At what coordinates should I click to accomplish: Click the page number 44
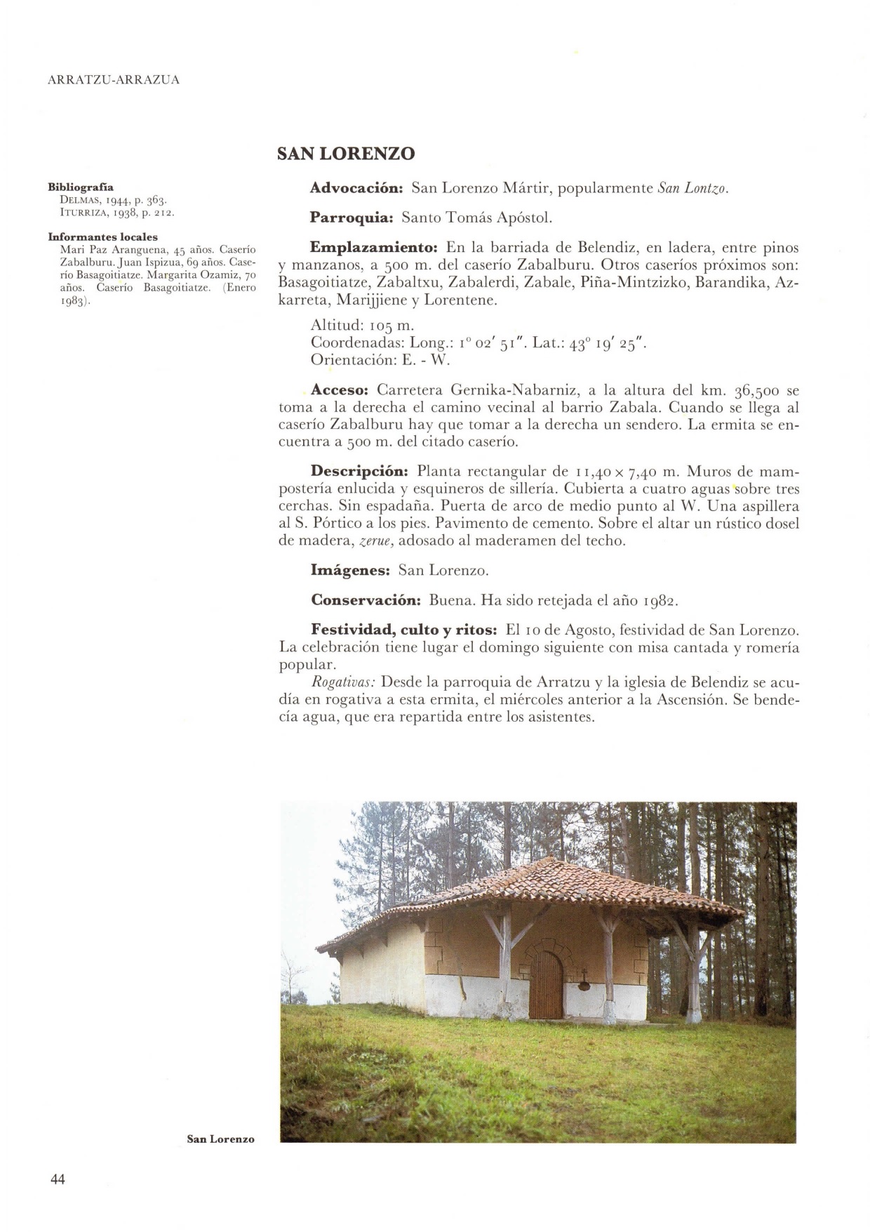[58, 1179]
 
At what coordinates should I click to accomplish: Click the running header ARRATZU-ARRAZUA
[114, 80]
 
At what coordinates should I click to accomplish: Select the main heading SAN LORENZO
[346, 154]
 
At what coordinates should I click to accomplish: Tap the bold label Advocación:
[356, 188]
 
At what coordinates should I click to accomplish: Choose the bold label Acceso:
[340, 390]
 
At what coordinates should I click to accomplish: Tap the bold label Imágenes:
[349, 570]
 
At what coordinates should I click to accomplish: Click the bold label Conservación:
[365, 601]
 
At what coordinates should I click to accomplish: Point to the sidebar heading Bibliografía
[80, 187]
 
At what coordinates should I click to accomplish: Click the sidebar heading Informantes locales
[102, 237]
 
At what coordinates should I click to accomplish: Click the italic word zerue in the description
[374, 541]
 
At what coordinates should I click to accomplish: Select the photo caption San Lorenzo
[220, 1139]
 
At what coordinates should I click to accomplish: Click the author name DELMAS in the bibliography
[78, 200]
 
